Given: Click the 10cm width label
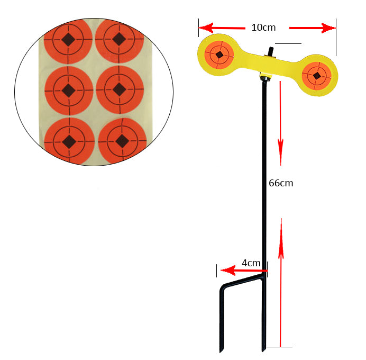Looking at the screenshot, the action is coord(263,28).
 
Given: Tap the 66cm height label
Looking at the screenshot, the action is coord(281,183).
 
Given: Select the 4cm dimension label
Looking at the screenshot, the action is coord(251,263).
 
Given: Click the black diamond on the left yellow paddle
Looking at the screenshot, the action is coord(219,55).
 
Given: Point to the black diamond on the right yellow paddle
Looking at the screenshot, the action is coord(316,76).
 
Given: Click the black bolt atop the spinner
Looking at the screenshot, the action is coord(271,51).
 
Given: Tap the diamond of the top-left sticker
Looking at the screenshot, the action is coord(68,40).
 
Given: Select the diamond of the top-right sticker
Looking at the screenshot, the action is coord(120,39).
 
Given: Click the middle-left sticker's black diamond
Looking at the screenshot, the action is coord(68,91).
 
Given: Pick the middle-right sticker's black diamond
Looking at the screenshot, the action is coord(120,89).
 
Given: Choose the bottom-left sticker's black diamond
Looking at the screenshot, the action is coord(69,142).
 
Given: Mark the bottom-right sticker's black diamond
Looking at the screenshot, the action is coord(122,141).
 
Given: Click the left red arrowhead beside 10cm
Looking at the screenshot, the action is coord(206,28).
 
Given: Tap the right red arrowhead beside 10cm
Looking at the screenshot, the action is coord(328,28).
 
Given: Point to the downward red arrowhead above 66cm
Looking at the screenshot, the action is coord(280,152).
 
